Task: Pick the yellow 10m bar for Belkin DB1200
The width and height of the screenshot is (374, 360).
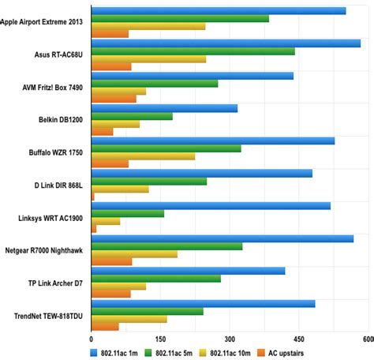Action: [x=115, y=124]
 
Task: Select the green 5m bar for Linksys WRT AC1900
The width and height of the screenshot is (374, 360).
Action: [x=128, y=213]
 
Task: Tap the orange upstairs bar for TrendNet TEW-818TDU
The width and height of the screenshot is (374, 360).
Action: [x=105, y=326]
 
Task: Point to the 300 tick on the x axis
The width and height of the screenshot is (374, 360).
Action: [x=230, y=339]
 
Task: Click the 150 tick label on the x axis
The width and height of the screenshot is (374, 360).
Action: [x=160, y=339]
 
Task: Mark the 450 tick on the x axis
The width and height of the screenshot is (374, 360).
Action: [x=298, y=339]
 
